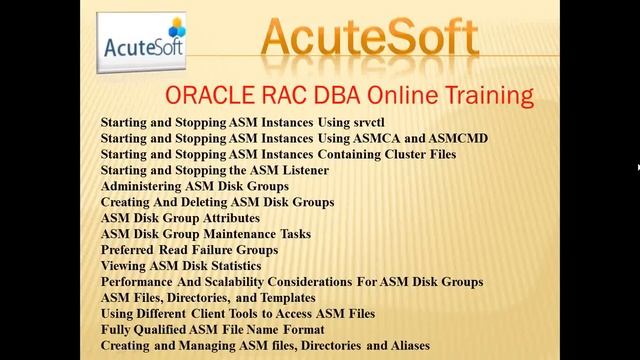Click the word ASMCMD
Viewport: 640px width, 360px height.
click(457, 138)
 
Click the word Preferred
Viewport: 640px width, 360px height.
click(129, 250)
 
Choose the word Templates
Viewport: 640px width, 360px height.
click(284, 298)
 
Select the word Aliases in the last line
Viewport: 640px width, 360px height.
click(408, 345)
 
